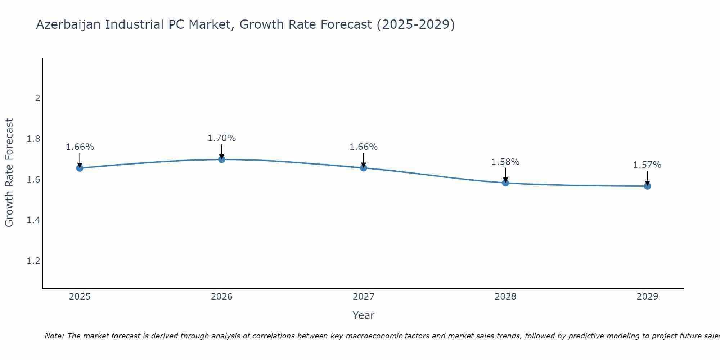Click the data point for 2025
80,168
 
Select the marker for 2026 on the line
222,159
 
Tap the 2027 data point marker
364,168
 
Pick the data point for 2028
505,183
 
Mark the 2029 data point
647,186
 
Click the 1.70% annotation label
222,138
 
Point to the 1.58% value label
505,162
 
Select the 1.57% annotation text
647,165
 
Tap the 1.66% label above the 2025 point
80,147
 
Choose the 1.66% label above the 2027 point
364,147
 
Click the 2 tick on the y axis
37,98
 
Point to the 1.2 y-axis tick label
33,261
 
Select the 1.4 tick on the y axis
33,220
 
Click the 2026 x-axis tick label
222,297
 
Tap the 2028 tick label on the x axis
505,297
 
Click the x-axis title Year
364,315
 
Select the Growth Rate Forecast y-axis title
9,173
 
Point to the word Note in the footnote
54,336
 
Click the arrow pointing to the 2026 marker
222,150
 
